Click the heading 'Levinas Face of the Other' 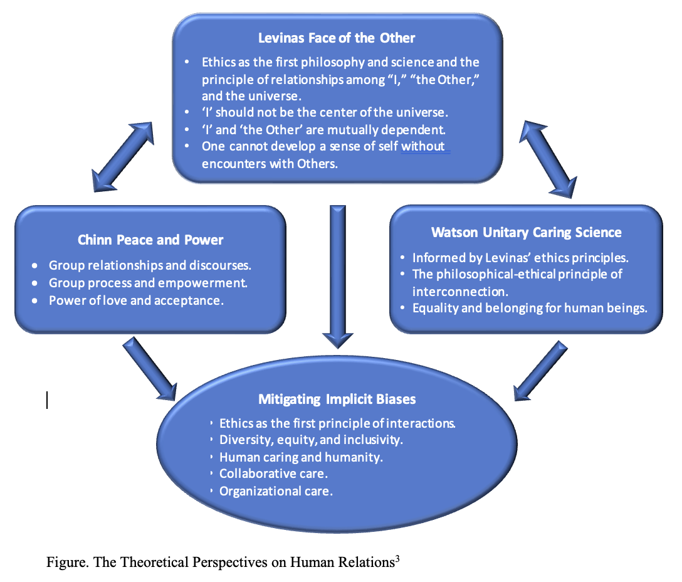(337, 38)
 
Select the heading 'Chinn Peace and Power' (150, 240)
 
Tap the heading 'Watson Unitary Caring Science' (527, 233)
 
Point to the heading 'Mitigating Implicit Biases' (337, 399)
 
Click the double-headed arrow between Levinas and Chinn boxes (123, 157)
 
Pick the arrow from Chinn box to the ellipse (151, 369)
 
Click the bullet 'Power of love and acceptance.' (136, 300)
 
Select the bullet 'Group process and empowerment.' (148, 283)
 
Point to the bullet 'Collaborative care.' (274, 474)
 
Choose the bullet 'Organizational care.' (276, 491)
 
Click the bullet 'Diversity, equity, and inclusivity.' (311, 440)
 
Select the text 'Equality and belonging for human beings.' (530, 308)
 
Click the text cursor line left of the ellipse (47, 399)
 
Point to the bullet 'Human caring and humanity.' (301, 457)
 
